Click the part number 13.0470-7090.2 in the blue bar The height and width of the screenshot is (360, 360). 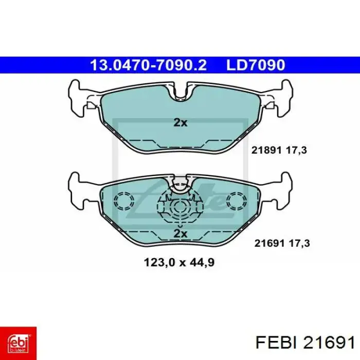pyautogui.click(x=148, y=65)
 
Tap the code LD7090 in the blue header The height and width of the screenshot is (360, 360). pyautogui.click(x=256, y=65)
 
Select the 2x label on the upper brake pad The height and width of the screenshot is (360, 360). pyautogui.click(x=180, y=123)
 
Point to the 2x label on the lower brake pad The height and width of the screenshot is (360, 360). pyautogui.click(x=180, y=233)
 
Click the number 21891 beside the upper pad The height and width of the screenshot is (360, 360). pyautogui.click(x=266, y=150)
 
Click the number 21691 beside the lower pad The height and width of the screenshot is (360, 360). pyautogui.click(x=269, y=243)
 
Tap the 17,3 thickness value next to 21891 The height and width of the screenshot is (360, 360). pyautogui.click(x=296, y=151)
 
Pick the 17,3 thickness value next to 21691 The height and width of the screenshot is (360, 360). pyautogui.click(x=299, y=243)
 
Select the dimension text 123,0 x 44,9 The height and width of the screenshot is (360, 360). pyautogui.click(x=179, y=262)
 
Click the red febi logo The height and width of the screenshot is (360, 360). pyautogui.click(x=18, y=343)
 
